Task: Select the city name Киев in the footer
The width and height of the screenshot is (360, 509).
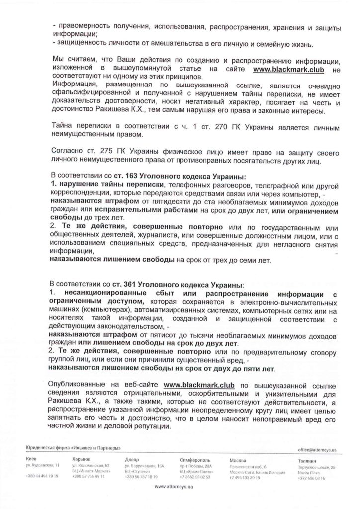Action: pyautogui.click(x=31, y=459)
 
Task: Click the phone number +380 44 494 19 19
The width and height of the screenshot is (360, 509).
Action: pyautogui.click(x=42, y=476)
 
